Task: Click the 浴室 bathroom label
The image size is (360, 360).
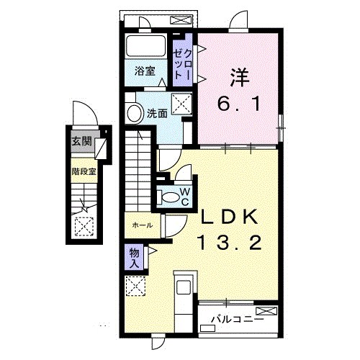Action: tap(145, 71)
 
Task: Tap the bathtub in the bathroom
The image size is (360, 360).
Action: tap(147, 48)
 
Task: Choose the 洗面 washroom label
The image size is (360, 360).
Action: tap(157, 113)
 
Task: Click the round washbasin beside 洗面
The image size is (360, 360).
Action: tap(133, 113)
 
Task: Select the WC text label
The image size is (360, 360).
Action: tap(184, 196)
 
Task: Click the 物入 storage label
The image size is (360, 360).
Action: tap(135, 256)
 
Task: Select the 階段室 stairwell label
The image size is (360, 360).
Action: tap(83, 172)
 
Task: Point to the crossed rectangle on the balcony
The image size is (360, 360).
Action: tap(266, 310)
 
